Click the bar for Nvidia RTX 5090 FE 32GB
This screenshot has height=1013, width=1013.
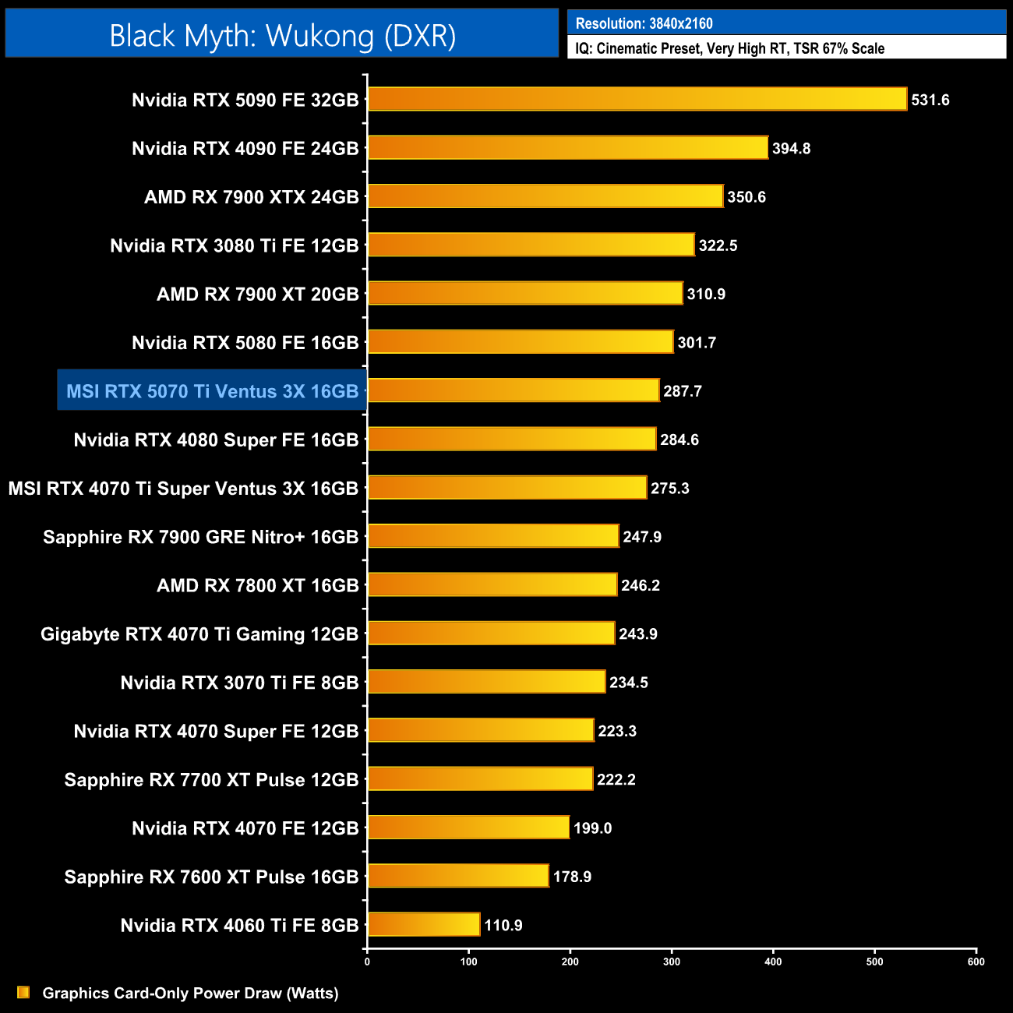637,99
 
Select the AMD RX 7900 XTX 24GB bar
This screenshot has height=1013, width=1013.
545,196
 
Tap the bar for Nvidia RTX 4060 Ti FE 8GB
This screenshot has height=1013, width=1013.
424,925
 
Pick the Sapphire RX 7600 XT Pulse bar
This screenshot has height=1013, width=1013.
458,876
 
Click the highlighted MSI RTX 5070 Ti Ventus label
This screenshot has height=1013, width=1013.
212,391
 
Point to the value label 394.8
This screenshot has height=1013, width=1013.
791,148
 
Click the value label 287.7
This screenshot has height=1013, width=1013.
683,391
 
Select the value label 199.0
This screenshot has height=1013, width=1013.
592,828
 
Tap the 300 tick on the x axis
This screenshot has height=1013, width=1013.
672,962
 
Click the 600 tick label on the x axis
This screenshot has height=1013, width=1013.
976,962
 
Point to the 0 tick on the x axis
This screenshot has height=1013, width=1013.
367,962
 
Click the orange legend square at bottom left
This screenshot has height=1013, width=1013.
23,992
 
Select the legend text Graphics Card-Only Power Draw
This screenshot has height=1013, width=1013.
190,994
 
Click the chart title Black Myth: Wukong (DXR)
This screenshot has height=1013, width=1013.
282,36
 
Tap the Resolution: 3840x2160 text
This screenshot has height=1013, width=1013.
644,23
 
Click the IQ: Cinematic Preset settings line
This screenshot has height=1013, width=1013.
729,48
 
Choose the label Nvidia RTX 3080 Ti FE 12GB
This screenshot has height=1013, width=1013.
234,245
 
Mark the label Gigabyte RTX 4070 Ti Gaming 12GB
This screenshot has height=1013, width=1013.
199,634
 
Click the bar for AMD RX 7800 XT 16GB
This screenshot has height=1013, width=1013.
492,584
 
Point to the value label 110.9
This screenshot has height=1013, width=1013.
503,925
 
